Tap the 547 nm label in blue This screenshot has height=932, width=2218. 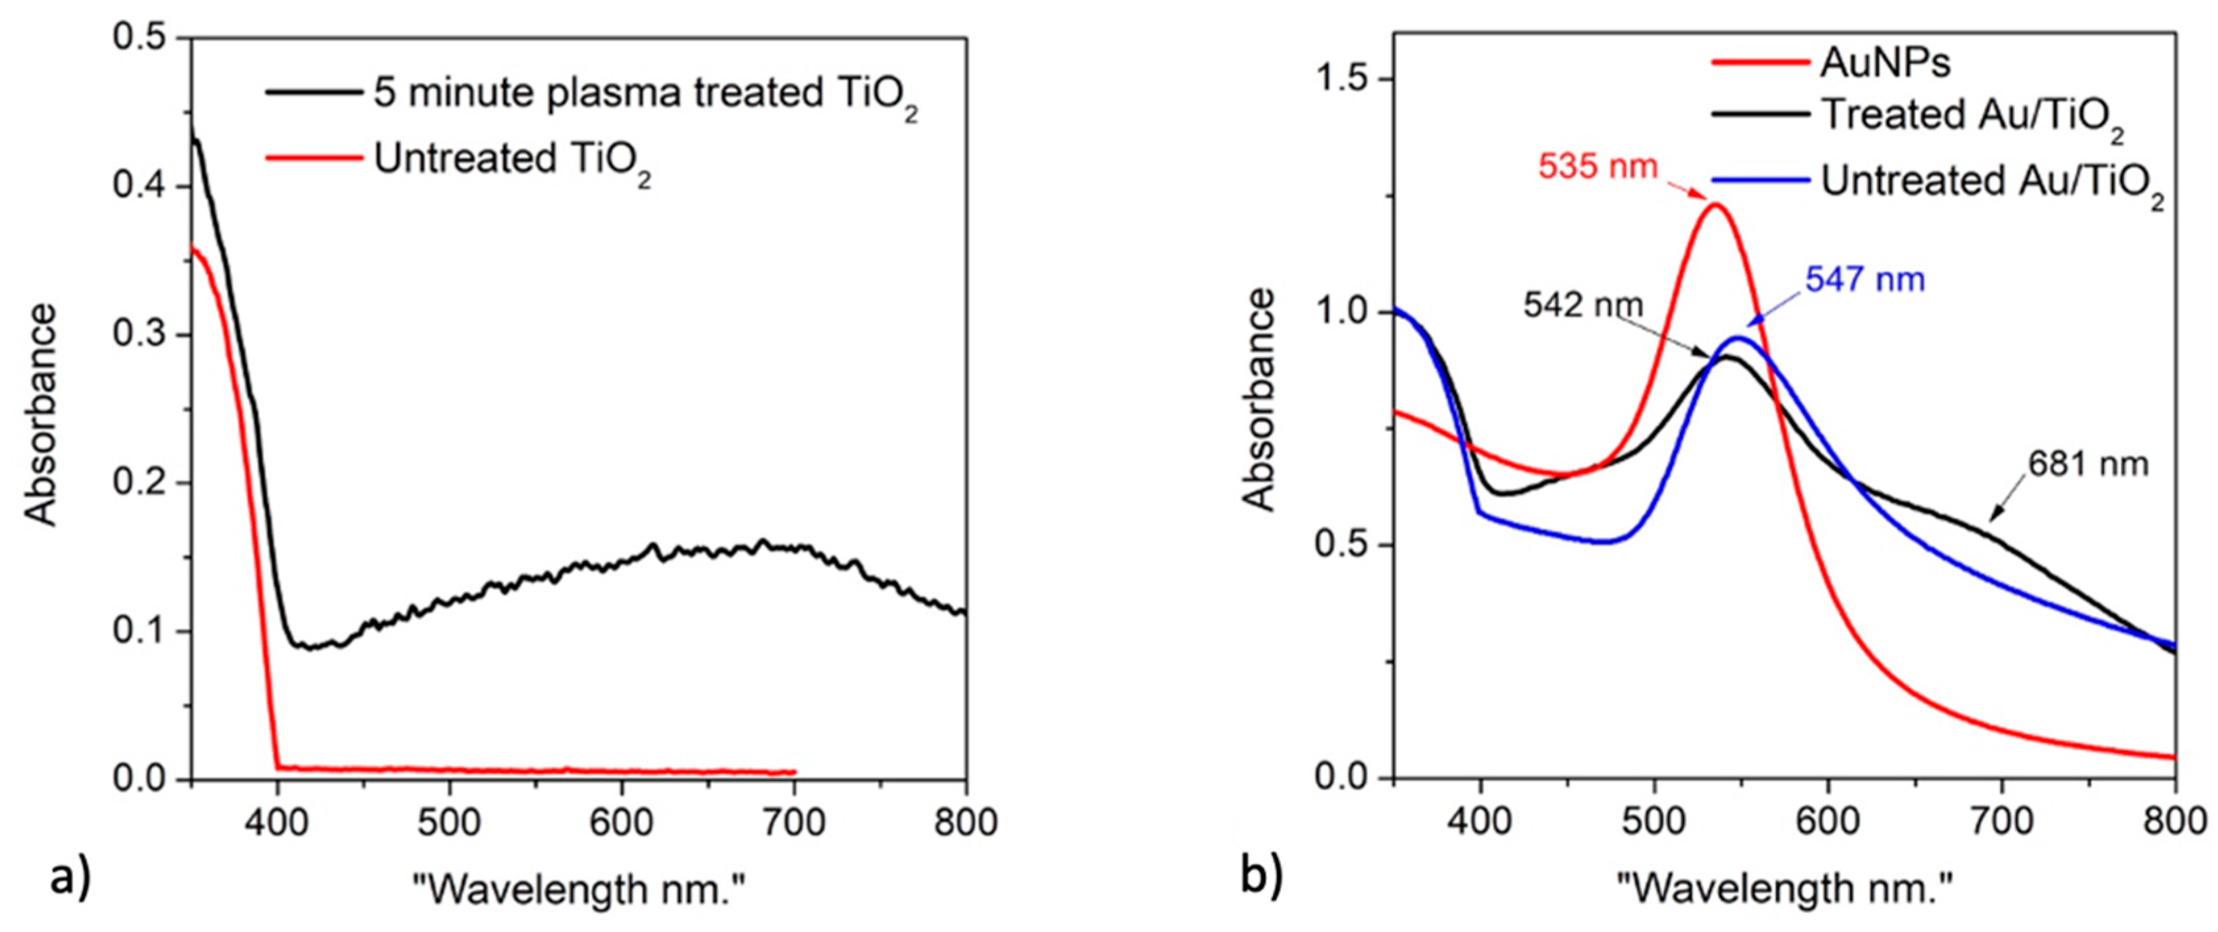pyautogui.click(x=1865, y=280)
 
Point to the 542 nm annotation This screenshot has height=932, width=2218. pyautogui.click(x=1582, y=305)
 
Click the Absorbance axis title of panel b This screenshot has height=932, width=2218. pyautogui.click(x=1260, y=400)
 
